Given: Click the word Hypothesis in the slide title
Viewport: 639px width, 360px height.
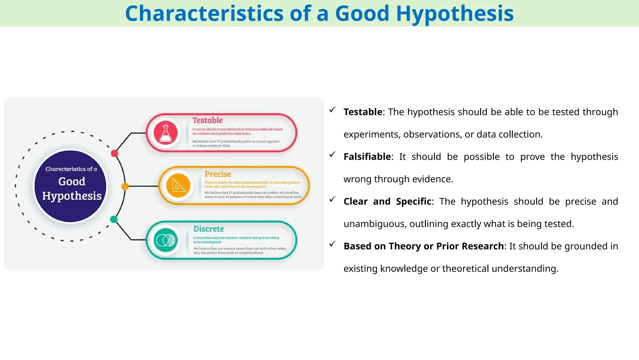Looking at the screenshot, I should click(x=455, y=14).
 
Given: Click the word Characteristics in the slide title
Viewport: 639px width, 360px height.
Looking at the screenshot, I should click(x=204, y=14).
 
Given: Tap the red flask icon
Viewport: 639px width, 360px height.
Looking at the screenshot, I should click(x=166, y=132).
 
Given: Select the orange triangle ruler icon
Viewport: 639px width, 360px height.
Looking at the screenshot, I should click(x=178, y=186).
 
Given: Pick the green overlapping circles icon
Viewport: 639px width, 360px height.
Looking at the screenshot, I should click(x=166, y=240).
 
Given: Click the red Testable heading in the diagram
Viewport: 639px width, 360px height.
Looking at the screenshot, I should click(x=207, y=120).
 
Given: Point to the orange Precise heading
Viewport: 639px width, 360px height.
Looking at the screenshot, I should click(x=218, y=174).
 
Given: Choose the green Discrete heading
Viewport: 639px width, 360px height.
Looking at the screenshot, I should click(x=208, y=229).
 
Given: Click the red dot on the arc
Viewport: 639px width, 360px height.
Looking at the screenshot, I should click(x=115, y=153).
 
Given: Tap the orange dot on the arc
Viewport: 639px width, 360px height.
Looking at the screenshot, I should click(x=125, y=187).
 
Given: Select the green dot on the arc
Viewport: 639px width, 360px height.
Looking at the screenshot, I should click(x=114, y=219).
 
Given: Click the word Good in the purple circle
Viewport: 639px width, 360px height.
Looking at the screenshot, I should click(x=71, y=182).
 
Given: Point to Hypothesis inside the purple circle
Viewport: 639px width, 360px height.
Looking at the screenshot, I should click(x=72, y=196).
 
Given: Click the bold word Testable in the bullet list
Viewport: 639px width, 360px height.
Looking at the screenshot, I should click(x=363, y=112).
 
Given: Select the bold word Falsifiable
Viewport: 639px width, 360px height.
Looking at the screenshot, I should click(x=367, y=157).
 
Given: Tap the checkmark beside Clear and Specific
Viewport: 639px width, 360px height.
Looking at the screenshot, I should click(x=333, y=199).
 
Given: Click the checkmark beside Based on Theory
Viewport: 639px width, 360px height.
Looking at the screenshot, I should click(x=333, y=244).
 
